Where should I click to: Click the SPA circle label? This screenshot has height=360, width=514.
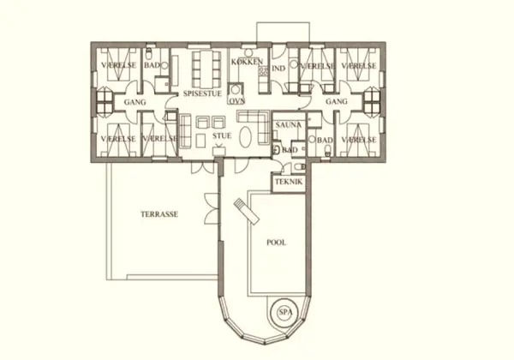[x=284, y=313]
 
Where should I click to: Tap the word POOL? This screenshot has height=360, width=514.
[x=276, y=243]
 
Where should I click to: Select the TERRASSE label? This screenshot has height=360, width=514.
[x=158, y=214]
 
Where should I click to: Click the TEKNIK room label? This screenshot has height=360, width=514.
[x=287, y=183]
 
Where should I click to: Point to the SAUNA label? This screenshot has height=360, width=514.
[x=286, y=125]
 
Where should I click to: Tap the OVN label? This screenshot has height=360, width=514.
[x=236, y=100]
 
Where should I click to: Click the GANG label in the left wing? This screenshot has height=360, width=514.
[x=134, y=101]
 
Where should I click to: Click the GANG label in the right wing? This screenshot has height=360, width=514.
[x=337, y=101]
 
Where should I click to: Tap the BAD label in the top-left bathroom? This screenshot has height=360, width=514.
[x=152, y=66]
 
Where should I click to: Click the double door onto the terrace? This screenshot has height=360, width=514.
[x=209, y=208]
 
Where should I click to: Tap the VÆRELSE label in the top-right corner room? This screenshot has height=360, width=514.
[x=359, y=66]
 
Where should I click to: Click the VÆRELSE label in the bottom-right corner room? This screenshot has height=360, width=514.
[x=359, y=137]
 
